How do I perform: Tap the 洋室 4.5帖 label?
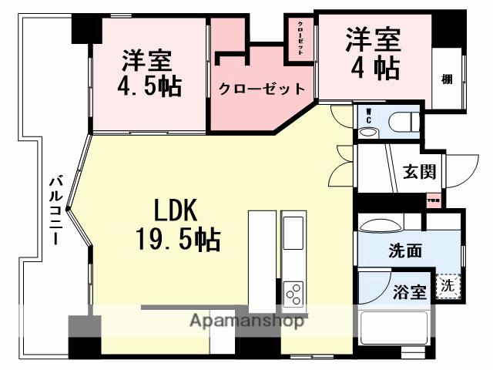tap(150, 73)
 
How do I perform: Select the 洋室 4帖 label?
tap(372, 54)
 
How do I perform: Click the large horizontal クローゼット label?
tap(262, 89)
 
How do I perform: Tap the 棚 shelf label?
tap(447, 79)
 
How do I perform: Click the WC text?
tap(368, 119)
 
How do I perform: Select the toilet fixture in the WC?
tap(401, 121)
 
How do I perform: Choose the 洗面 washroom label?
tap(405, 251)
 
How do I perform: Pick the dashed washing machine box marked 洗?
tap(448, 287)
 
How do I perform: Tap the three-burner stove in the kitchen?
tap(294, 291)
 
